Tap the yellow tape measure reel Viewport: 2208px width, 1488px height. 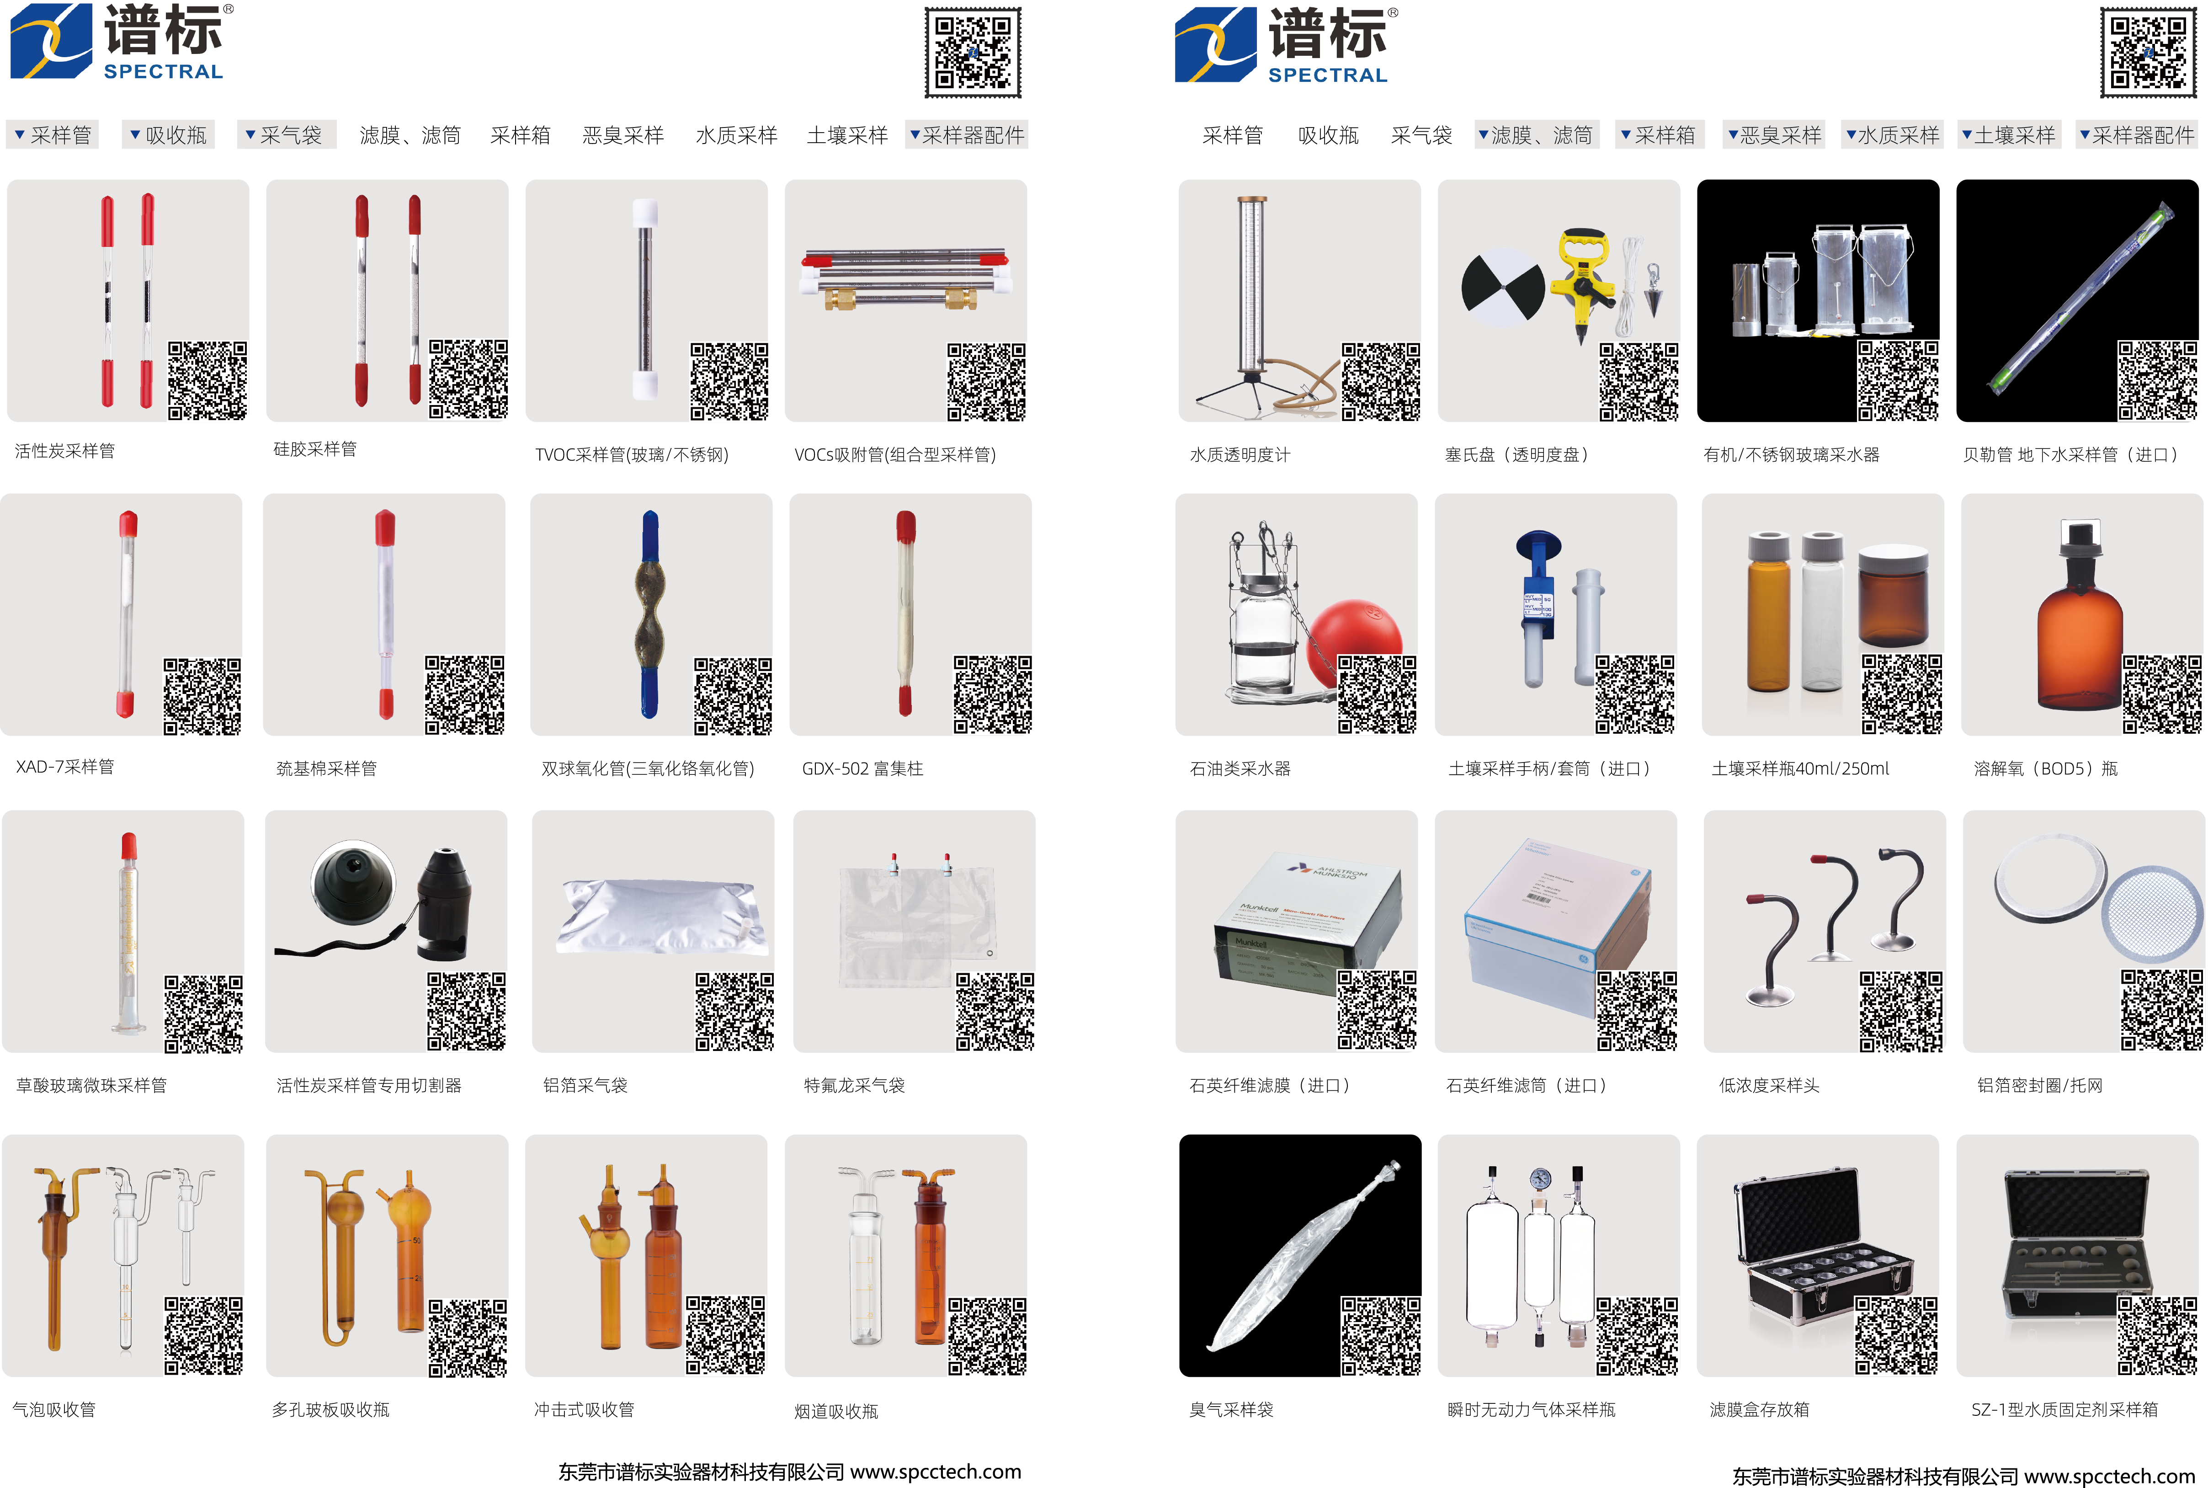pos(1582,275)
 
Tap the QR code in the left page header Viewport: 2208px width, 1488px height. pos(973,52)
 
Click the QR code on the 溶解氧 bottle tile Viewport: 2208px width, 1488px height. pos(2161,693)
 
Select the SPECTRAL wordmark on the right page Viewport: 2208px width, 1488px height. pos(1327,75)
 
